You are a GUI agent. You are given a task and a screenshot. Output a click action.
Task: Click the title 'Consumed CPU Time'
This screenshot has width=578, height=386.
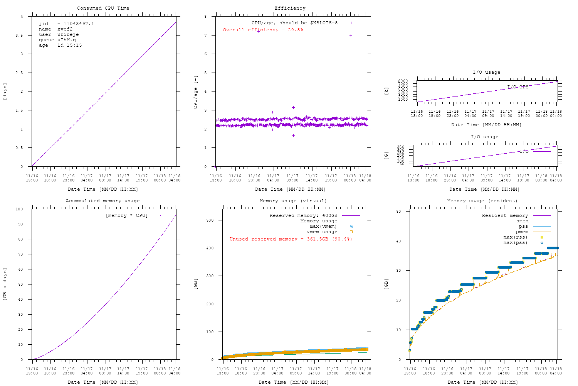tap(103, 8)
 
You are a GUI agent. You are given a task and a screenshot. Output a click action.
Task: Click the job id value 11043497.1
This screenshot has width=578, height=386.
tap(79, 24)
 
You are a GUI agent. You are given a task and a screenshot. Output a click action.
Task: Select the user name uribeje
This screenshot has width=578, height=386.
tap(68, 34)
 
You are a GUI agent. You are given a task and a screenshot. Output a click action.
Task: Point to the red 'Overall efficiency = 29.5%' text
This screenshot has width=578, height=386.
tap(263, 30)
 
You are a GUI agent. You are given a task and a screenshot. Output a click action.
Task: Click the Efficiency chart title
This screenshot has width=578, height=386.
tap(290, 8)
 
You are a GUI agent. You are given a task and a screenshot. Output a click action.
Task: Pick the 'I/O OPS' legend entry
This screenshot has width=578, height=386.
tap(518, 87)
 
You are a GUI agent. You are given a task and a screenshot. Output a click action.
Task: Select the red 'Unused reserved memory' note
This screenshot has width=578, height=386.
tap(291, 239)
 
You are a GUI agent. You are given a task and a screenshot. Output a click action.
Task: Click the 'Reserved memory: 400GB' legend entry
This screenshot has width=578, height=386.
tap(299, 215)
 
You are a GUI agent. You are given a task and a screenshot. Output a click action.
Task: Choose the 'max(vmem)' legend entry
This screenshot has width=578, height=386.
tap(323, 226)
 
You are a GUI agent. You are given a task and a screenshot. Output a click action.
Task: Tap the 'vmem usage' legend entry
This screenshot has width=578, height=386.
tap(322, 232)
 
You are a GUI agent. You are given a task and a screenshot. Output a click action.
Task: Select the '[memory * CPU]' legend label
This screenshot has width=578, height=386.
tap(126, 215)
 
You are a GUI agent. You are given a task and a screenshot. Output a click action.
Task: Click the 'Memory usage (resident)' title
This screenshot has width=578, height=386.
tap(482, 201)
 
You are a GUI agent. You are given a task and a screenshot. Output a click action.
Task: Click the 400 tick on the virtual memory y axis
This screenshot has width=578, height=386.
tap(216, 248)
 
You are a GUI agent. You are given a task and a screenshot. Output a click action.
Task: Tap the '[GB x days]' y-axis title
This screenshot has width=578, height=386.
tap(5, 284)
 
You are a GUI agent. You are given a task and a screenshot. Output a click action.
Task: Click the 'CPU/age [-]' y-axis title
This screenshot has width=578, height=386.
tap(195, 91)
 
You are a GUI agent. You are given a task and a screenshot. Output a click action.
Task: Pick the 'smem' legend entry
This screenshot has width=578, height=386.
tap(522, 221)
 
